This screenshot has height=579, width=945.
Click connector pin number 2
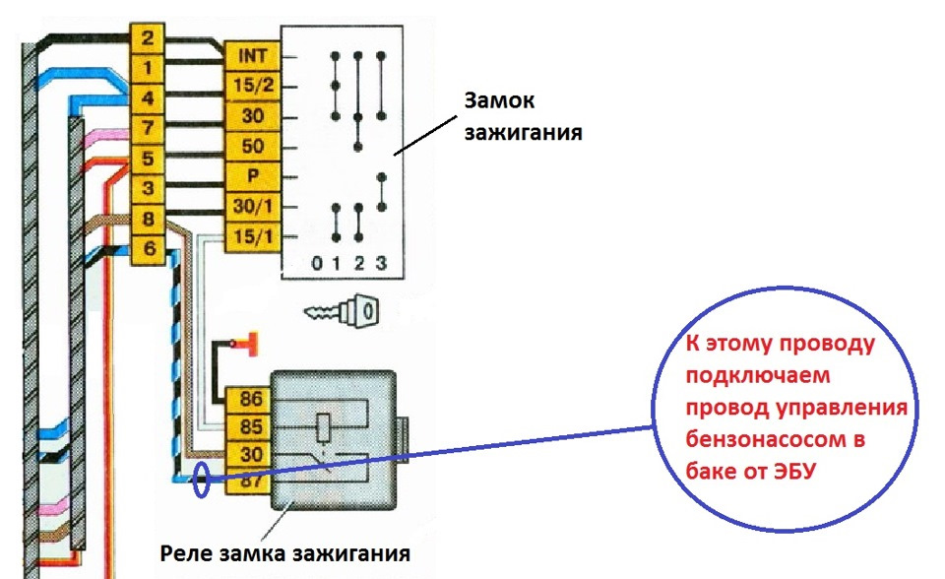point(147,39)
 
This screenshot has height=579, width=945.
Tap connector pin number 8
point(147,219)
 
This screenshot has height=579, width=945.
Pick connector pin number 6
point(147,249)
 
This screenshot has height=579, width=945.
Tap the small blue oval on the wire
point(202,481)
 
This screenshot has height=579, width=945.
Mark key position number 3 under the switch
point(381,264)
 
